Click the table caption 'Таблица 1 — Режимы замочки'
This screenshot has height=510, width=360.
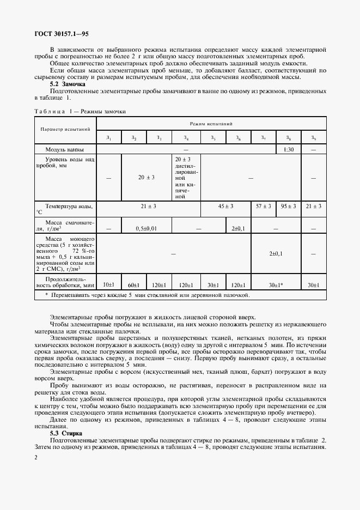(x=80, y=111)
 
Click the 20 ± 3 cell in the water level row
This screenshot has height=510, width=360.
(x=147, y=177)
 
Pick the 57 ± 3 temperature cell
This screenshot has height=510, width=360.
(x=264, y=207)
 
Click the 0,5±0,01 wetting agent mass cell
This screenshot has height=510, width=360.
(x=147, y=228)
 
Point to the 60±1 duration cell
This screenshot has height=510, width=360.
(x=134, y=284)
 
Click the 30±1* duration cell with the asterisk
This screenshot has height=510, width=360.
(x=276, y=284)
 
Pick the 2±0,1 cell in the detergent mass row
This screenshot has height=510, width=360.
(x=276, y=253)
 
